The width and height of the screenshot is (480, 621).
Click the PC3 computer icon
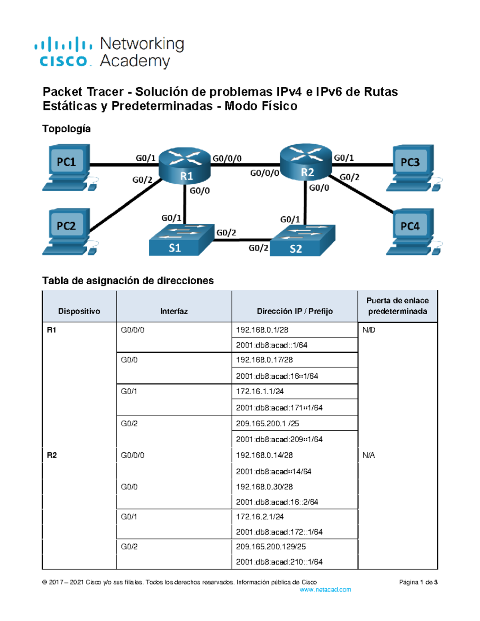point(411,167)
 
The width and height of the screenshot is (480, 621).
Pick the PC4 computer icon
point(411,231)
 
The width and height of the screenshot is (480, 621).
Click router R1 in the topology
point(185,166)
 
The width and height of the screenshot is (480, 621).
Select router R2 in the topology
point(306,162)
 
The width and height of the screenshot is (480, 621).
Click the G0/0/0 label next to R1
point(227,158)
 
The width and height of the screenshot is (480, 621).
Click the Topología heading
point(66,129)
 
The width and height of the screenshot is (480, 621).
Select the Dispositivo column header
point(79,311)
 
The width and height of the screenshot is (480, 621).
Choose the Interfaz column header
point(174,311)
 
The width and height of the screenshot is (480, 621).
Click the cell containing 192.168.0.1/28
point(262,330)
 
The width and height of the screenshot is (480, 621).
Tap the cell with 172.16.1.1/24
point(260,391)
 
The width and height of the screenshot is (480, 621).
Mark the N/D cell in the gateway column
point(369,330)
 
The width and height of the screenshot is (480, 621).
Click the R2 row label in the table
point(52,455)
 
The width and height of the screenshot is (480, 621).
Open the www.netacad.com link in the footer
point(325,589)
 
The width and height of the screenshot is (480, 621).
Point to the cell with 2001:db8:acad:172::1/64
point(279,532)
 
